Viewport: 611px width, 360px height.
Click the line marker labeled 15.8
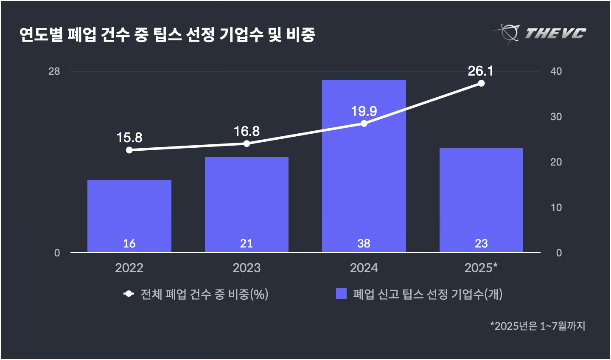(x=129, y=150)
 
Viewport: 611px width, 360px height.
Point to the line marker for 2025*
(x=481, y=83)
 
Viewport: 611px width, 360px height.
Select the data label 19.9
(x=364, y=111)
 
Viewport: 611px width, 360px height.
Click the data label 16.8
(x=247, y=131)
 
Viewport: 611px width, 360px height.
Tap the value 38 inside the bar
(x=364, y=243)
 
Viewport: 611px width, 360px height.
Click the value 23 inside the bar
(x=481, y=243)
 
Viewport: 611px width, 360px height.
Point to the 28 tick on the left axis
(x=54, y=71)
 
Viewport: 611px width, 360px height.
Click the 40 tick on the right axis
(x=556, y=71)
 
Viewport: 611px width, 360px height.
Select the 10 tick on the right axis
(x=556, y=207)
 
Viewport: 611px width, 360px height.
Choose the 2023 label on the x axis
(x=247, y=268)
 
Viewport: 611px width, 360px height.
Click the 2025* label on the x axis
(x=481, y=268)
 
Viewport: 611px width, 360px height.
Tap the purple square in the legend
(x=341, y=294)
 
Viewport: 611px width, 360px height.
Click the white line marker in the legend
(x=129, y=294)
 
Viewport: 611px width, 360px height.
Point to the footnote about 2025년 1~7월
(x=538, y=326)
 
